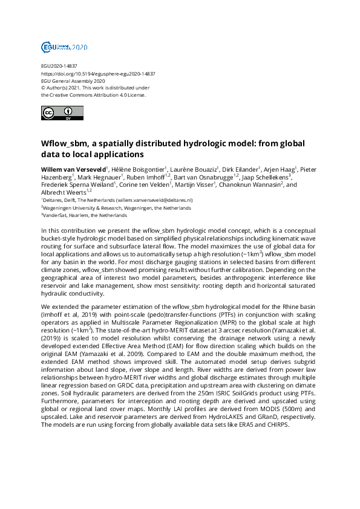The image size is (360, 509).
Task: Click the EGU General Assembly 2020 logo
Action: pos(64,47)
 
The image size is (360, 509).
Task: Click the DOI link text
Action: pos(97,73)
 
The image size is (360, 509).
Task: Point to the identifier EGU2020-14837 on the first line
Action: pos(59,66)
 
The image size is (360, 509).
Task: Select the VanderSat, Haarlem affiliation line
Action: pos(84,215)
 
